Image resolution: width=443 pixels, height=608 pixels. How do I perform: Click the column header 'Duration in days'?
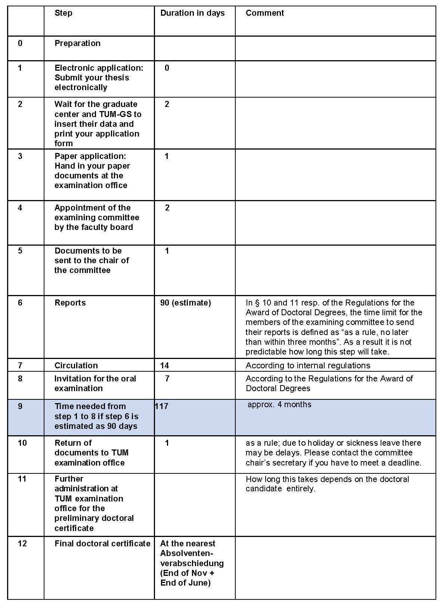pyautogui.click(x=192, y=13)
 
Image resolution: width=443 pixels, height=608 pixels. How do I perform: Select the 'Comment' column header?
pyautogui.click(x=264, y=13)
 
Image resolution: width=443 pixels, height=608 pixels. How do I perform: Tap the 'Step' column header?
pyautogui.click(x=63, y=13)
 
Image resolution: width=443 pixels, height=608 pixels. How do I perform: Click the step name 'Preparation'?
pyautogui.click(x=77, y=43)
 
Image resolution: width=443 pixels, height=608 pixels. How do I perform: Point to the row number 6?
pyautogui.click(x=20, y=303)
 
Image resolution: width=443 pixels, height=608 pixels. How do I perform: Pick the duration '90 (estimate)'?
pyautogui.click(x=185, y=303)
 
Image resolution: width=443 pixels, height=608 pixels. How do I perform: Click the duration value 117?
pyautogui.click(x=161, y=406)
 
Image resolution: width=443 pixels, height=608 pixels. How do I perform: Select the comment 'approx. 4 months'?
pyautogui.click(x=279, y=405)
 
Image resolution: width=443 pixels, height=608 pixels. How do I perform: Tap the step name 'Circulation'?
pyautogui.click(x=76, y=366)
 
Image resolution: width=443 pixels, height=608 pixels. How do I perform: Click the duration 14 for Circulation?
pyautogui.click(x=164, y=366)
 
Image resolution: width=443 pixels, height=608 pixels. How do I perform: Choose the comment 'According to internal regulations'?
pyautogui.click(x=308, y=366)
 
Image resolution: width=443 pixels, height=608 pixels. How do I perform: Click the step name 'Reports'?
pyautogui.click(x=70, y=303)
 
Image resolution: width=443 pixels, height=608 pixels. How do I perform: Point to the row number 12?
pyautogui.click(x=22, y=544)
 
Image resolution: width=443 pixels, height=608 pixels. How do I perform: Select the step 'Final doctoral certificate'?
pyautogui.click(x=102, y=544)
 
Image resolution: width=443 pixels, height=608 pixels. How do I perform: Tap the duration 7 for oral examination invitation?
pyautogui.click(x=167, y=379)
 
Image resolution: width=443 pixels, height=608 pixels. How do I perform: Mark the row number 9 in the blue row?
pyautogui.click(x=20, y=406)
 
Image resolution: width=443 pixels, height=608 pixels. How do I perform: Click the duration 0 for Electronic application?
pyautogui.click(x=167, y=68)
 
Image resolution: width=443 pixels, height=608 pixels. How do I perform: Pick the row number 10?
pyautogui.click(x=22, y=443)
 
